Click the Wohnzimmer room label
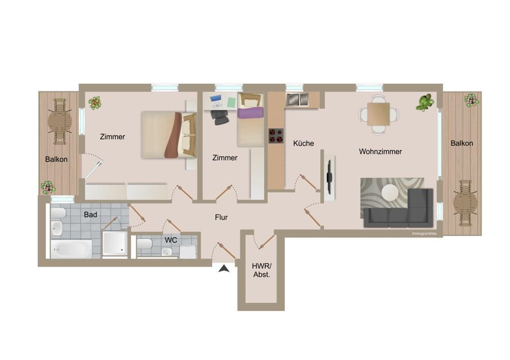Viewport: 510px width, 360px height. click(x=380, y=151)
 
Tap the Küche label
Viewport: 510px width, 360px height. click(x=303, y=143)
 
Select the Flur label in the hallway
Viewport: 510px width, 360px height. click(x=221, y=217)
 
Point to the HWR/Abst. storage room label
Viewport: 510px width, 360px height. click(x=262, y=270)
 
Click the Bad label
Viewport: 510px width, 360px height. click(x=90, y=215)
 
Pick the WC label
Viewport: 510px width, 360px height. click(x=171, y=240)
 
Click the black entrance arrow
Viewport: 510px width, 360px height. click(x=224, y=269)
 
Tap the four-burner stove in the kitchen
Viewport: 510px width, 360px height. click(x=276, y=136)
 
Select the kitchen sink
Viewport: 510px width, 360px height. click(x=297, y=99)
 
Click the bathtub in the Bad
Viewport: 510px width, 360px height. click(x=71, y=249)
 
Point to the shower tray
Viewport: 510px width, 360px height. click(x=114, y=244)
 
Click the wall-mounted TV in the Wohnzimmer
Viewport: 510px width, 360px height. click(x=330, y=177)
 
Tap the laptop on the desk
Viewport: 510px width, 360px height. click(x=216, y=101)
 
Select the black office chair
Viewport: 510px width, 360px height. click(x=219, y=117)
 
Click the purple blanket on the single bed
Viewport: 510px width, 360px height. click(x=250, y=113)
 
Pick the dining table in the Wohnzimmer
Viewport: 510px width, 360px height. click(x=378, y=114)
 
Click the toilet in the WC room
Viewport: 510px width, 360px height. click(x=145, y=244)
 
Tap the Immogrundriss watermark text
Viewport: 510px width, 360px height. click(x=424, y=234)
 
